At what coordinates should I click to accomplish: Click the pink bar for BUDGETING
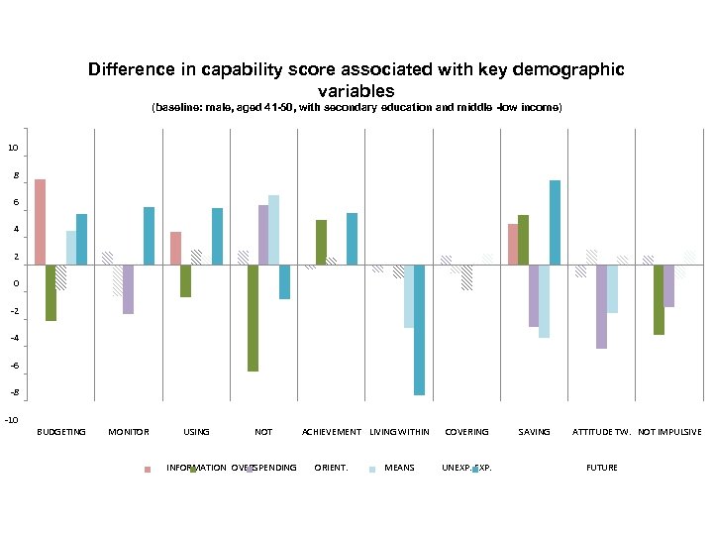tap(40, 222)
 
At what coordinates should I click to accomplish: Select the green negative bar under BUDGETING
tap(51, 293)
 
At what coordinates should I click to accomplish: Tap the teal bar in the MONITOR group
tap(149, 236)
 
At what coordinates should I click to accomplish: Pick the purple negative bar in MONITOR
tap(128, 289)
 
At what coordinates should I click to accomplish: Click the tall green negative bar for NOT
tap(254, 318)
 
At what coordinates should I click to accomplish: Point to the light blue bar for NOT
tap(273, 230)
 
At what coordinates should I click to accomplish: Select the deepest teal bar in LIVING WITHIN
tap(419, 330)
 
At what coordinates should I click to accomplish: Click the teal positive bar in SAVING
tap(555, 223)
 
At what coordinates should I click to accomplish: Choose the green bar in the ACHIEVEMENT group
tap(321, 243)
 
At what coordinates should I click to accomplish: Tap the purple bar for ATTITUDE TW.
tap(601, 307)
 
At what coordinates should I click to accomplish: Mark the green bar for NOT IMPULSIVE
tap(659, 300)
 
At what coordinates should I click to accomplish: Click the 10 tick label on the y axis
tap(13, 149)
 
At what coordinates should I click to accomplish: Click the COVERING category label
tap(466, 432)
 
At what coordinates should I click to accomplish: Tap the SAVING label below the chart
tap(534, 432)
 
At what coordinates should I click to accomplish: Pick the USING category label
tap(196, 432)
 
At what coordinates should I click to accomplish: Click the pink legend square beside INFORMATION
tap(148, 469)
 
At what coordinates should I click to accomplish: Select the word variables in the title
tap(356, 90)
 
